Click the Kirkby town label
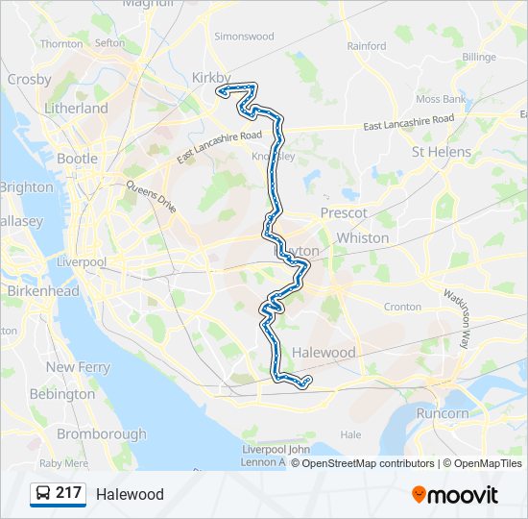212,77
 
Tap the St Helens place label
441,152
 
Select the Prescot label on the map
344,212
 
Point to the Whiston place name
363,237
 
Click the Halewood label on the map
324,353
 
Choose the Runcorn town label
443,413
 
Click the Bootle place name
77,159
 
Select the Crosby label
29,80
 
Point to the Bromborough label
101,434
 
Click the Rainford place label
367,45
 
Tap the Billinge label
479,58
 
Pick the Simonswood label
244,37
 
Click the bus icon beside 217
43,494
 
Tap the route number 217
69,493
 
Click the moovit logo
455,494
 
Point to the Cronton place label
402,307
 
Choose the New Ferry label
78,367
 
